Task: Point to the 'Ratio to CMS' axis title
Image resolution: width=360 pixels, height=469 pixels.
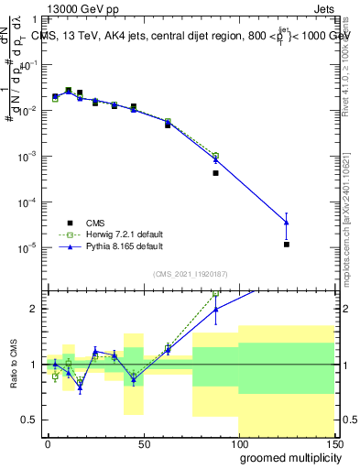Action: click(x=13, y=365)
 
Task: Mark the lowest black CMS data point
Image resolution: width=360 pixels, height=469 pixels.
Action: click(x=287, y=245)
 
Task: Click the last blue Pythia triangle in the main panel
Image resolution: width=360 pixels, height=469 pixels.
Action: click(x=287, y=223)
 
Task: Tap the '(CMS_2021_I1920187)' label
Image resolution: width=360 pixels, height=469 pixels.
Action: click(x=190, y=274)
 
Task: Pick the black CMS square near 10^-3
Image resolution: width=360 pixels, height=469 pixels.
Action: click(x=216, y=172)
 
